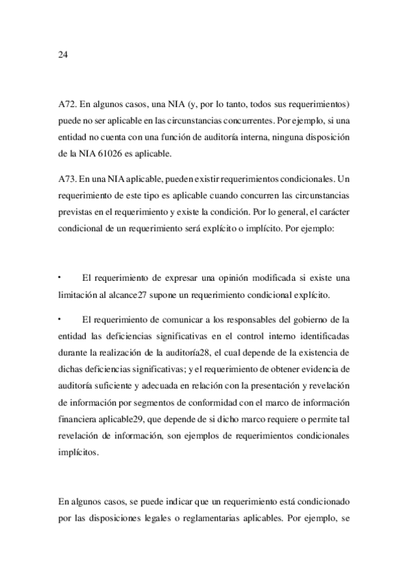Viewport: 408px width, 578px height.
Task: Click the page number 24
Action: pyautogui.click(x=63, y=55)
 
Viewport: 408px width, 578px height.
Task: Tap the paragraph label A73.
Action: pyautogui.click(x=67, y=179)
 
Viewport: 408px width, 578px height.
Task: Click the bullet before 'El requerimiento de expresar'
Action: pyautogui.click(x=60, y=277)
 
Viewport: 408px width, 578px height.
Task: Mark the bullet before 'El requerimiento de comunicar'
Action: pyautogui.click(x=60, y=318)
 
